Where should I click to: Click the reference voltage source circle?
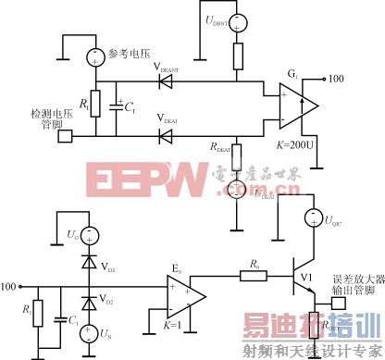pos(93,57)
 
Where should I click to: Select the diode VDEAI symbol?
pos(166,137)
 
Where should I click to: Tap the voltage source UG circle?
pos(89,232)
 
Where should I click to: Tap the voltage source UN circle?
pos(89,330)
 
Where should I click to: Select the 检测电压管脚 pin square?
pos(64,138)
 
